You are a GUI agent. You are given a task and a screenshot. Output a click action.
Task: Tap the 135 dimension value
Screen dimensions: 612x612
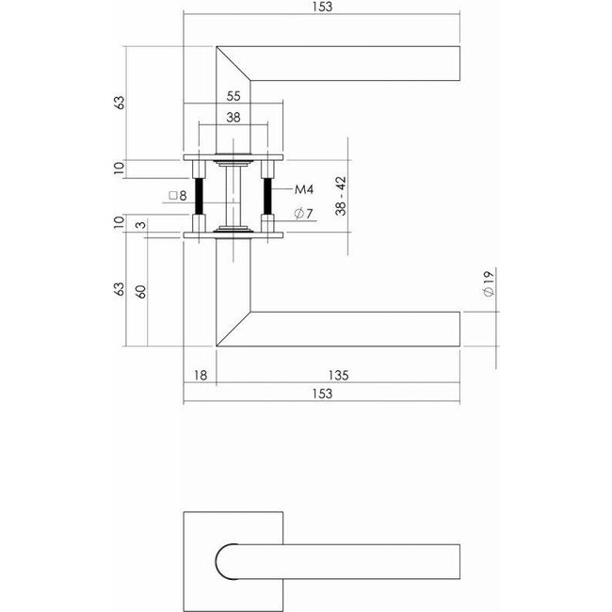[x=340, y=375]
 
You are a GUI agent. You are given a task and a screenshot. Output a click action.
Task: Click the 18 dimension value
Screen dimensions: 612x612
[x=199, y=375]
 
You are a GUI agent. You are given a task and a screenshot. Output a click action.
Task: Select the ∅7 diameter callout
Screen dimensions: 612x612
[x=302, y=214]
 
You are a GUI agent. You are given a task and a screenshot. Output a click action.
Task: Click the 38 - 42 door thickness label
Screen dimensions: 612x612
[x=343, y=195]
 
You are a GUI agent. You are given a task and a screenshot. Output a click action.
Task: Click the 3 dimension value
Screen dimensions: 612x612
[x=141, y=224]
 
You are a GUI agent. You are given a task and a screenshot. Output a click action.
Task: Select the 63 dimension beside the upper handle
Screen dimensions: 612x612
[x=120, y=102]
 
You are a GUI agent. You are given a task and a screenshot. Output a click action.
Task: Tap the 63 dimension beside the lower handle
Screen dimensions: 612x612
[x=120, y=289]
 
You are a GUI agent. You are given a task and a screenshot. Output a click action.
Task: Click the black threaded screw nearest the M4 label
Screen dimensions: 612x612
[x=267, y=196]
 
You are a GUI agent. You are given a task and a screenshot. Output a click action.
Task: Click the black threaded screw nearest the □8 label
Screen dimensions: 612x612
[x=201, y=196]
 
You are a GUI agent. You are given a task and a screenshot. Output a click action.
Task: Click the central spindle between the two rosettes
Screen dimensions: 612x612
[x=234, y=194]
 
